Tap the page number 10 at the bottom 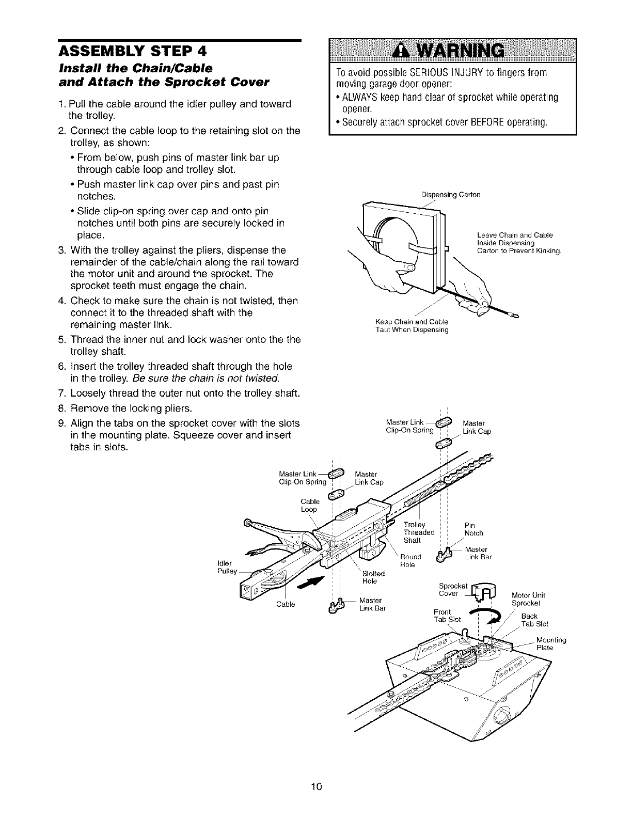pos(317,787)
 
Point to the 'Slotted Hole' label pos(374,577)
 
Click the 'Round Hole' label pos(411,561)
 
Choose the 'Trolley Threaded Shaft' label pos(419,532)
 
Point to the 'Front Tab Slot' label pos(447,616)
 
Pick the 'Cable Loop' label pos(310,505)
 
